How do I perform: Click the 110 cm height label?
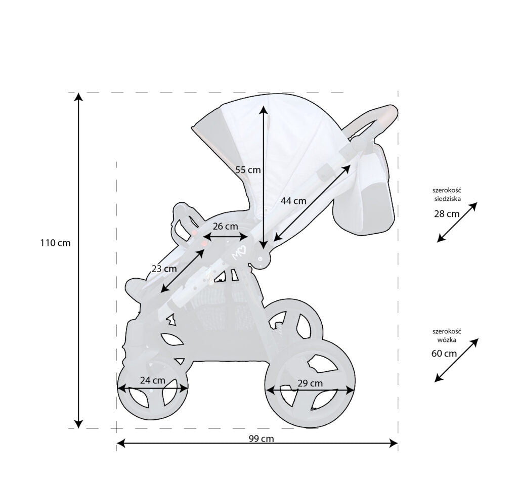click(x=56, y=243)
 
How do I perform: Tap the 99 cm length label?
click(x=261, y=438)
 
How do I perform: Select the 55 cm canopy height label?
click(x=248, y=170)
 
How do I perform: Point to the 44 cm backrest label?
click(x=293, y=200)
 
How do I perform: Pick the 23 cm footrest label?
click(x=164, y=269)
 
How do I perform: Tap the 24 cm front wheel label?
click(x=152, y=380)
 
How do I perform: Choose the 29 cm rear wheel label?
click(x=310, y=383)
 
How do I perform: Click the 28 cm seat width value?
click(x=447, y=213)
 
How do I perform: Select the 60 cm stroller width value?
click(x=444, y=353)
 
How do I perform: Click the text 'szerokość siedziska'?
click(x=447, y=195)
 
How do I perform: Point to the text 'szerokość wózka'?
click(x=447, y=335)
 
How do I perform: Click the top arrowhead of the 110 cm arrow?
click(x=78, y=98)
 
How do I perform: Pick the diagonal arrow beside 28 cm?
click(x=457, y=222)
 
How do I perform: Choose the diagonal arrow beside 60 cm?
click(x=456, y=360)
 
